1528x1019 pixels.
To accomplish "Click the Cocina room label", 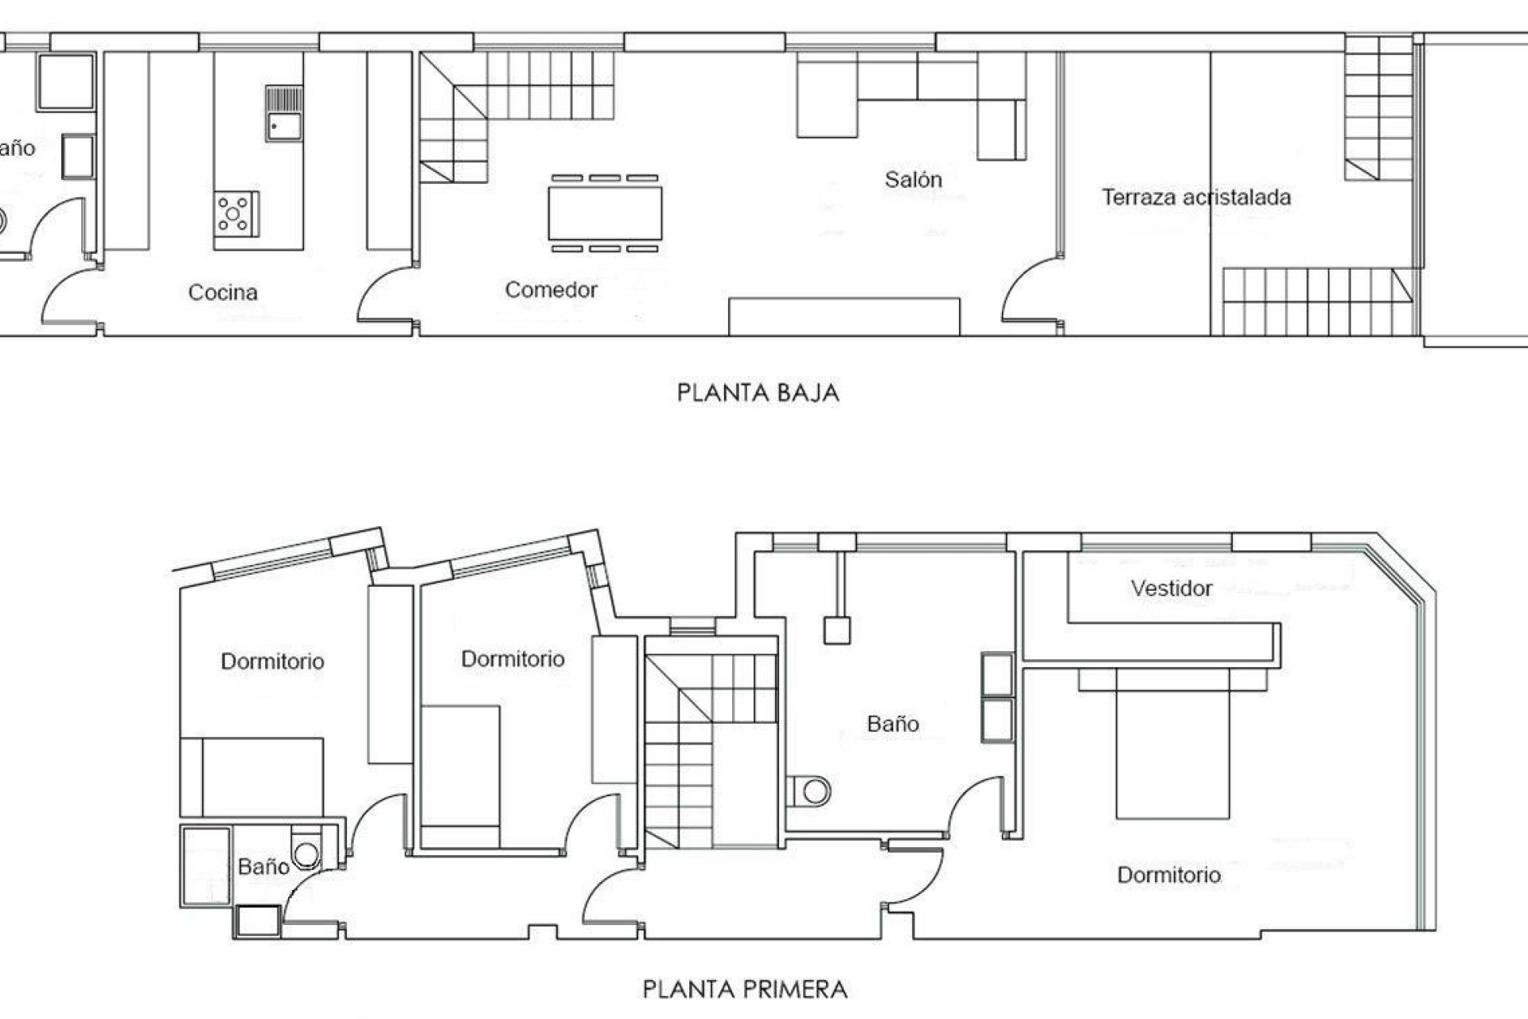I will coord(223,292).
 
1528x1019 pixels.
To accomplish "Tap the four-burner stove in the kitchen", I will coord(236,213).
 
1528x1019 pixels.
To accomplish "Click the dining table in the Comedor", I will coord(605,213).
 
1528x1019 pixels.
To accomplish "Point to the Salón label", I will coord(913,180).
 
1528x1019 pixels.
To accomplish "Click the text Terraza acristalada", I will coord(1195,197).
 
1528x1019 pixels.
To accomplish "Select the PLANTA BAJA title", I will coord(758,393).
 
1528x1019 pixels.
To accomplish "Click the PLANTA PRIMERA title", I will coord(745,990).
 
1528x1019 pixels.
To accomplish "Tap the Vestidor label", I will coord(1171,588).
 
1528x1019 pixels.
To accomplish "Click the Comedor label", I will coord(551,290).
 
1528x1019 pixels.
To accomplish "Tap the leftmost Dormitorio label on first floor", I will coord(272,662).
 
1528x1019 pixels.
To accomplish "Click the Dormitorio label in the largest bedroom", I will coord(1168,875).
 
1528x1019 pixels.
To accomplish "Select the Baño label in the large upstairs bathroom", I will coord(892,724).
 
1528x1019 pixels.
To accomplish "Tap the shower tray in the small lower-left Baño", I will coord(206,866).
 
